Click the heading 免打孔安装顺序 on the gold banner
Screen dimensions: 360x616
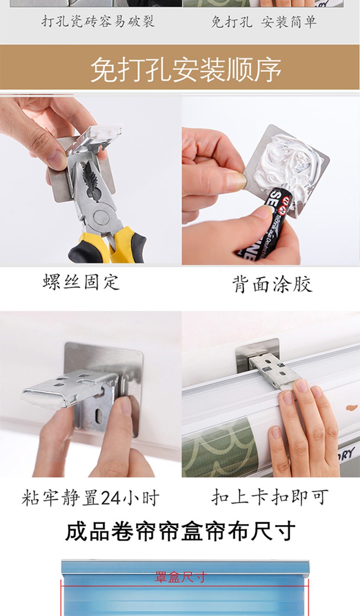point(186,69)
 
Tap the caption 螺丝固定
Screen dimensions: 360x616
point(81,282)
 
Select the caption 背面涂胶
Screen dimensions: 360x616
point(273,284)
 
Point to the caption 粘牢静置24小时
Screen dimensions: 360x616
point(90,497)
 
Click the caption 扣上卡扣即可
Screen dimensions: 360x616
point(270,497)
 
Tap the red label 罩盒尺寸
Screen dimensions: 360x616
point(180,577)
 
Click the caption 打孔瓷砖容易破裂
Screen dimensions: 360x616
point(98,21)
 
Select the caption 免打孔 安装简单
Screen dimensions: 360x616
point(264,22)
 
